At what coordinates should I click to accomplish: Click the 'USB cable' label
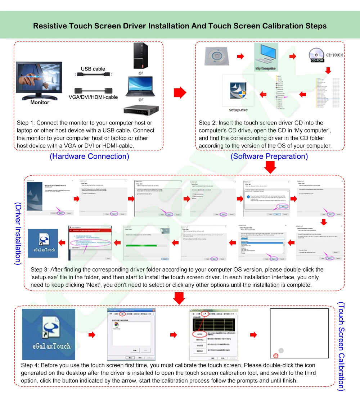point(93,69)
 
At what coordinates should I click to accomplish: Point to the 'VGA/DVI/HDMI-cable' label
point(93,97)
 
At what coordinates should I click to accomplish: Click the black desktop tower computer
point(140,56)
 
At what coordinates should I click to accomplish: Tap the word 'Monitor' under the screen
point(40,102)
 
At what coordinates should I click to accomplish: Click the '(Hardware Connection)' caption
point(89,156)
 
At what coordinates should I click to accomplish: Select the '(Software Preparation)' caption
point(269,156)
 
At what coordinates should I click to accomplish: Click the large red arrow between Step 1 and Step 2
point(180,92)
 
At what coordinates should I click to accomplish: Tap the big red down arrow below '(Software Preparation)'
point(270,167)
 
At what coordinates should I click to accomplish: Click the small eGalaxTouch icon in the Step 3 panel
point(43,243)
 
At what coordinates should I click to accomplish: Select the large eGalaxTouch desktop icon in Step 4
point(49,334)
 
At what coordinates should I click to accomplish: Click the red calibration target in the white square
point(276,356)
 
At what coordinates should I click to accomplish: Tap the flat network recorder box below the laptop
point(141,109)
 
